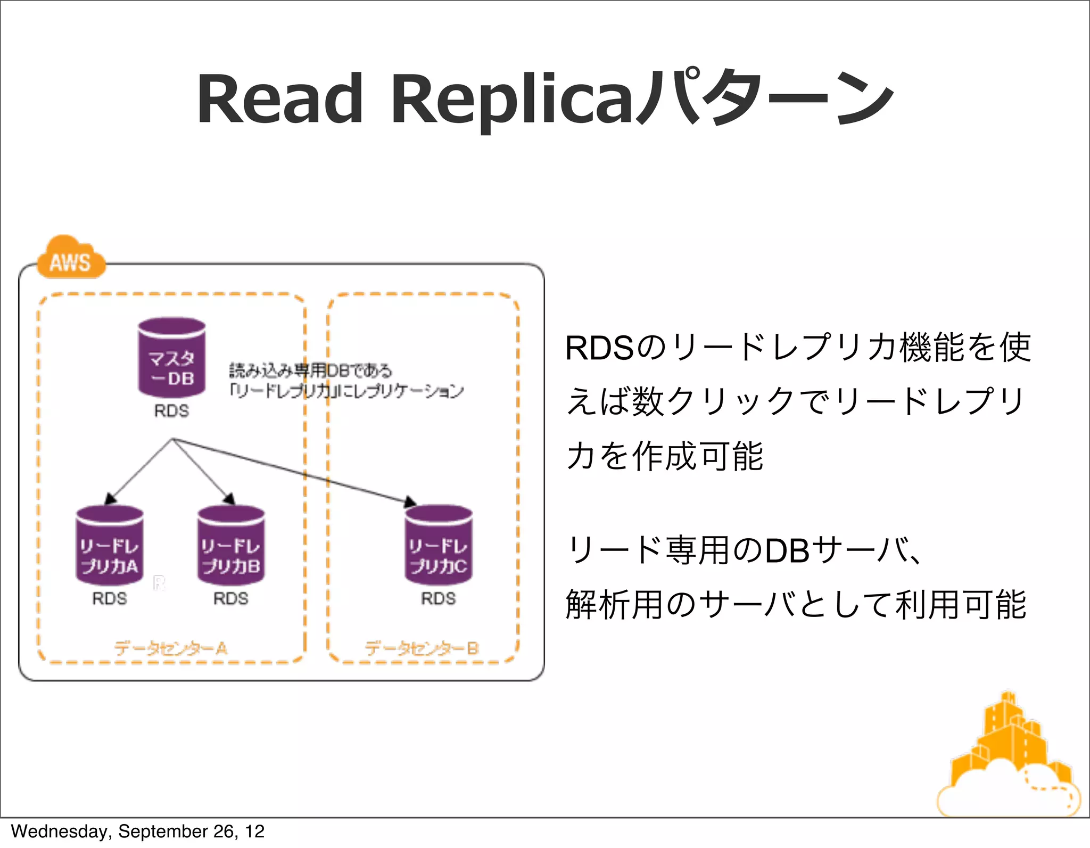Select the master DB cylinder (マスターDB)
pyautogui.click(x=171, y=358)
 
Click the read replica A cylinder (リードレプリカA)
pyautogui.click(x=110, y=545)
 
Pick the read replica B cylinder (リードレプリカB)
pyautogui.click(x=231, y=545)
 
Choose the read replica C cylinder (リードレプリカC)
pyautogui.click(x=439, y=545)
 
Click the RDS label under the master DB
pyautogui.click(x=171, y=411)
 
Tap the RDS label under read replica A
pyautogui.click(x=110, y=598)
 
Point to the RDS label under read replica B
pyautogui.click(x=231, y=598)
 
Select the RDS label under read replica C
pyautogui.click(x=439, y=598)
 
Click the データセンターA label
pyautogui.click(x=171, y=648)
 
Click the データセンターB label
pyautogui.click(x=422, y=648)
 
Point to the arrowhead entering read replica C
pyautogui.click(x=410, y=502)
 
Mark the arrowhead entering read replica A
pyautogui.click(x=110, y=499)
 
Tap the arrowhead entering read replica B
pyautogui.click(x=229, y=499)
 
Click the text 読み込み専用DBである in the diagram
pyautogui.click(x=311, y=371)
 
